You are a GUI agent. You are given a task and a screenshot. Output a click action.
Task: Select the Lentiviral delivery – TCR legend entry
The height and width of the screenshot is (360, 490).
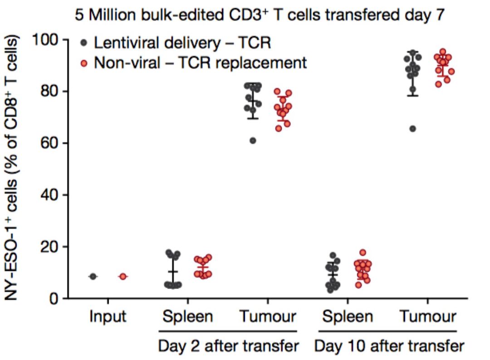[181, 44]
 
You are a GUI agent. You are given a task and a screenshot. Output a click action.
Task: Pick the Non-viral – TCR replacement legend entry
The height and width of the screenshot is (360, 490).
[200, 62]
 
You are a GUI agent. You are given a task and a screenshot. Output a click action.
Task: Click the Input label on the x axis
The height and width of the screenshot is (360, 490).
[108, 316]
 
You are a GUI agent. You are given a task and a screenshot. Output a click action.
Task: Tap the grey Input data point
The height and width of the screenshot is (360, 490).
[93, 276]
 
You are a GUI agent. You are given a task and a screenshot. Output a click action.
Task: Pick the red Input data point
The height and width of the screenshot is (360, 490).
[122, 276]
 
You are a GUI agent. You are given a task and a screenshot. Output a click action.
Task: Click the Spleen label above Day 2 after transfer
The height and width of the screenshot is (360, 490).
[187, 316]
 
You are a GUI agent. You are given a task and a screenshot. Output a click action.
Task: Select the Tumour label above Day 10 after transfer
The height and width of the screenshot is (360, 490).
[428, 316]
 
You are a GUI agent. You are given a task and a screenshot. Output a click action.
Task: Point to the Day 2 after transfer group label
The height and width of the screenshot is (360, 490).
[228, 346]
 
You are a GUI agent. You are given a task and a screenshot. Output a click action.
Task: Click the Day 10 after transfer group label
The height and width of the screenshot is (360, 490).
[389, 346]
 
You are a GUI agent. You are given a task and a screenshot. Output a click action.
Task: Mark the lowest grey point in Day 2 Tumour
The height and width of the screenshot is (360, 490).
[253, 141]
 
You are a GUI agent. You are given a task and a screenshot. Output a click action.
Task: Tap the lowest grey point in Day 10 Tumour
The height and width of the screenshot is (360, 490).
[412, 129]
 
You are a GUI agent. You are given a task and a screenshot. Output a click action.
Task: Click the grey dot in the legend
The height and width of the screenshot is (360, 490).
[84, 44]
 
